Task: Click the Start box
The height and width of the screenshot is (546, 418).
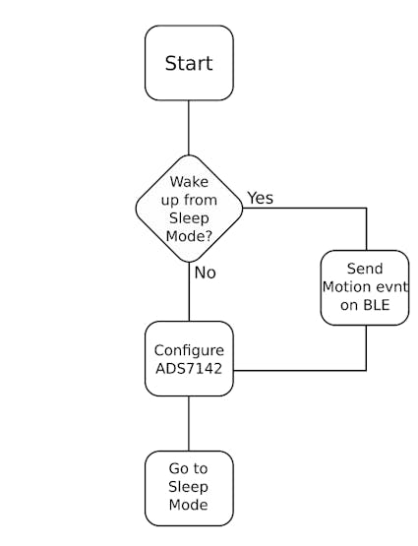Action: pyautogui.click(x=189, y=63)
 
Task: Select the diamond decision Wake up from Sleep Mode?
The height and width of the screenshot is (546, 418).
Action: pyautogui.click(x=189, y=209)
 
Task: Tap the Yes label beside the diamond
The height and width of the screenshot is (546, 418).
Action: pyautogui.click(x=261, y=198)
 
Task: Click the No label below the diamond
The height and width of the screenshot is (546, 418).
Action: pyautogui.click(x=205, y=273)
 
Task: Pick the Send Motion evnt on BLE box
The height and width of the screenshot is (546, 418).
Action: pyautogui.click(x=365, y=287)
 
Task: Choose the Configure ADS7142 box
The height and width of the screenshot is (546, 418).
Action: pyautogui.click(x=189, y=359)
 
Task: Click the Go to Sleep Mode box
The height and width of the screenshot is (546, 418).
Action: pyautogui.click(x=189, y=488)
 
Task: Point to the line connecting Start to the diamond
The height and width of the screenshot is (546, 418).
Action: pyautogui.click(x=189, y=128)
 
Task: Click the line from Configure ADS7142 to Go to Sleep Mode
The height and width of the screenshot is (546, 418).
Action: pyautogui.click(x=189, y=424)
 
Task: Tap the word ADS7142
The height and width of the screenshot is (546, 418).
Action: pyautogui.click(x=189, y=368)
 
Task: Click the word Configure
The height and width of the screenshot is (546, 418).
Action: pyautogui.click(x=189, y=350)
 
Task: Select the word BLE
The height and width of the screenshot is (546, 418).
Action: pyautogui.click(x=377, y=305)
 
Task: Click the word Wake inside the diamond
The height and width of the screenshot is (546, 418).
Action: pyautogui.click(x=189, y=182)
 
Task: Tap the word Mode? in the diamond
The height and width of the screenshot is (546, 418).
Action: pyautogui.click(x=189, y=236)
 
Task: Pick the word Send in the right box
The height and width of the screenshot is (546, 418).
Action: pyautogui.click(x=365, y=269)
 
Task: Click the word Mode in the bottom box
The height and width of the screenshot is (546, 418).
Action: pyautogui.click(x=188, y=505)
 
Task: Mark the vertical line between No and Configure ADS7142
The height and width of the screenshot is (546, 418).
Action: pyautogui.click(x=189, y=291)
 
